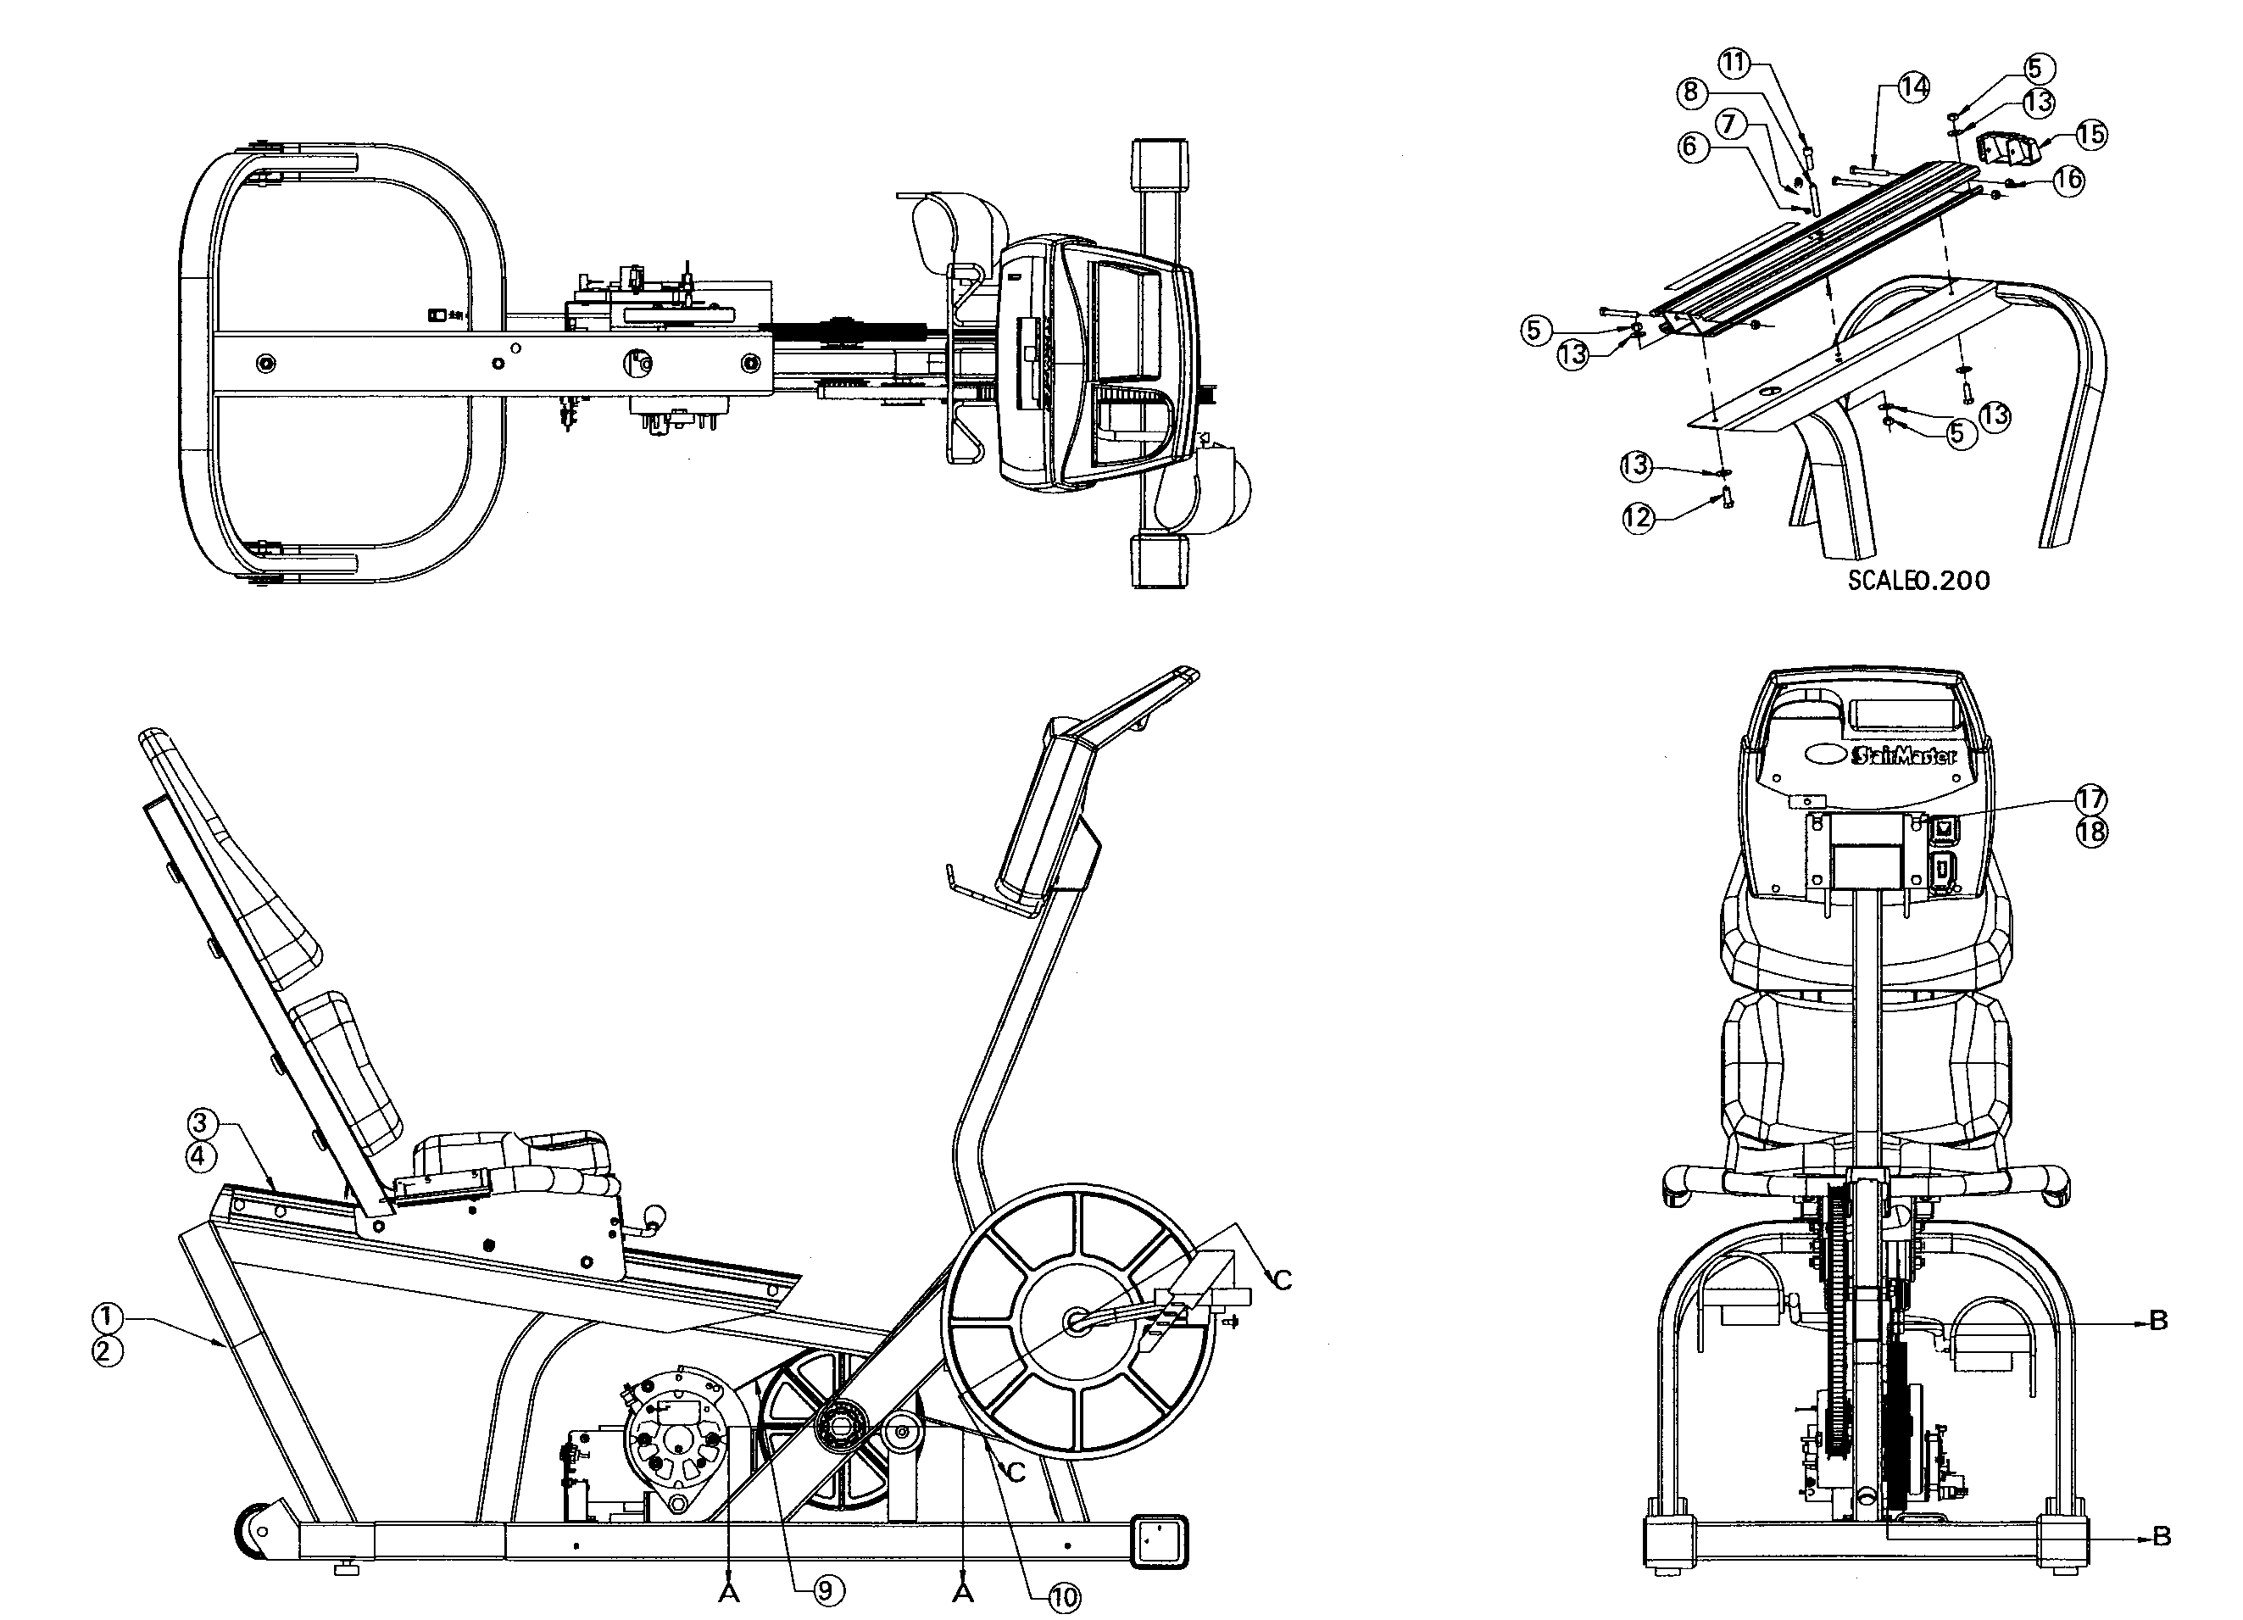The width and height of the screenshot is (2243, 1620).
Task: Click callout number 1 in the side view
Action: (x=108, y=1317)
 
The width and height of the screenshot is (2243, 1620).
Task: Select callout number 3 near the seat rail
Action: (x=201, y=1122)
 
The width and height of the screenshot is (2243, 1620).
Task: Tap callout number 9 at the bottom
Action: (x=829, y=1590)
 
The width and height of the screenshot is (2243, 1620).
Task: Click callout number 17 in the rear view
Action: (x=2090, y=799)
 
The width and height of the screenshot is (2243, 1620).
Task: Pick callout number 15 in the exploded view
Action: (x=2090, y=135)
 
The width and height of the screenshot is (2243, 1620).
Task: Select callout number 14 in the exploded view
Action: (x=1914, y=87)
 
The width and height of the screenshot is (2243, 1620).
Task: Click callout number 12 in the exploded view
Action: (x=1639, y=517)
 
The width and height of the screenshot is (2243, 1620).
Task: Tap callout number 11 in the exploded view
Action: (x=1734, y=64)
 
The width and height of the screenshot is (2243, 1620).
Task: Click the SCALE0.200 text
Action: (x=1918, y=580)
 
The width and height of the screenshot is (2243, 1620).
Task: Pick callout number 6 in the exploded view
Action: (x=1690, y=148)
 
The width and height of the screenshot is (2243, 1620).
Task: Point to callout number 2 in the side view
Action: (x=108, y=1351)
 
